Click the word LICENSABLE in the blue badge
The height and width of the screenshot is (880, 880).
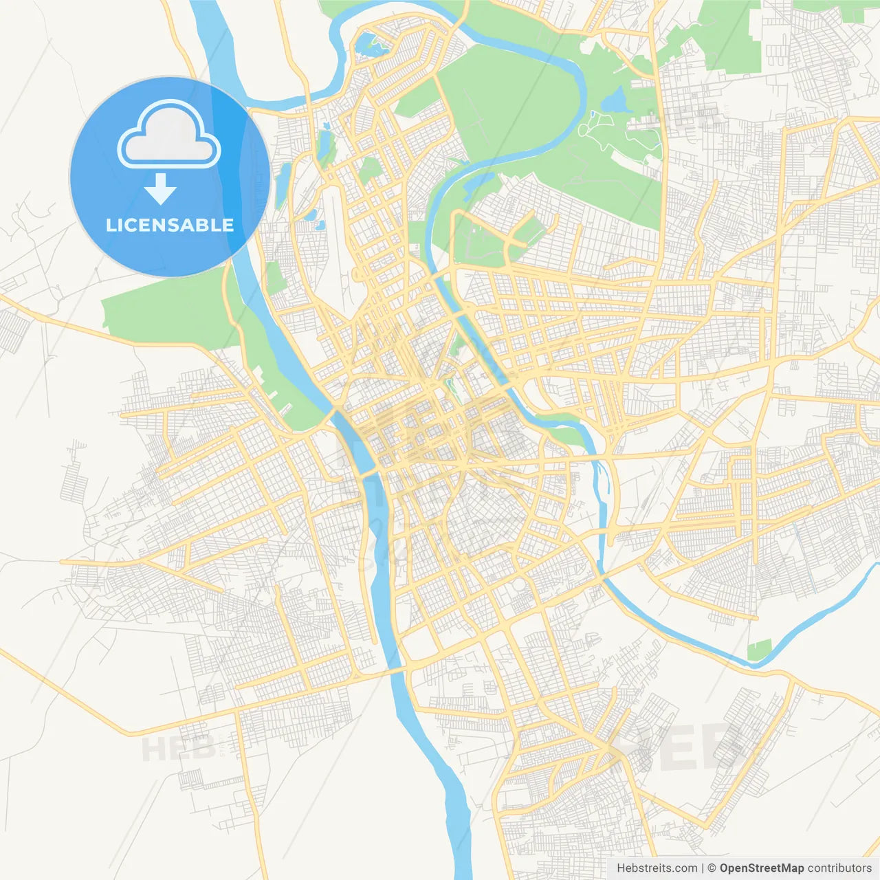[x=170, y=225]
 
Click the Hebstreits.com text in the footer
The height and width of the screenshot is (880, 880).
[x=657, y=868]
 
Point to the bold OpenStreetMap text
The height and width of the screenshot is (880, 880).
[x=761, y=868]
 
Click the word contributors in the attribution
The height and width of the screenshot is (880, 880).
[x=839, y=868]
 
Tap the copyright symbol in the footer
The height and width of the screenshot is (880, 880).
[x=712, y=868]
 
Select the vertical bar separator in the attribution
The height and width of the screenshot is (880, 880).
[x=703, y=868]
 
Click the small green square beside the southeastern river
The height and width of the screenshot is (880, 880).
[x=759, y=650]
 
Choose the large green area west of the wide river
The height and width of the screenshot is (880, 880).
[x=168, y=313]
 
